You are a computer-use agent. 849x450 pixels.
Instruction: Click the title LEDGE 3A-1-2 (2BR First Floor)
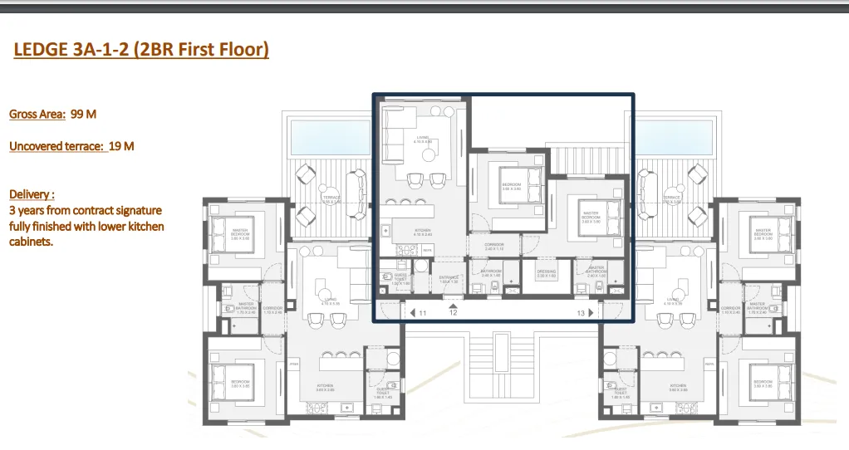[141, 51]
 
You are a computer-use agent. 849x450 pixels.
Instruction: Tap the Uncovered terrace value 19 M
[121, 146]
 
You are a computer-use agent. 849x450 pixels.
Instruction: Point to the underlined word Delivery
[32, 194]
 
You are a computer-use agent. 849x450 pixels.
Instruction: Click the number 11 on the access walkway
[423, 313]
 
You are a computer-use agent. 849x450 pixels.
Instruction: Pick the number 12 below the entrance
[453, 313]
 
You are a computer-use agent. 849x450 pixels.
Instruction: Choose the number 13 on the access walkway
[581, 313]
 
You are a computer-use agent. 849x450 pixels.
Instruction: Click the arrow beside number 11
[411, 313]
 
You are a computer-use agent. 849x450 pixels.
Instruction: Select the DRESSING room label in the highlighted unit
[546, 272]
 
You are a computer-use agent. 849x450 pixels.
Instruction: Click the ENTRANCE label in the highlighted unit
[449, 279]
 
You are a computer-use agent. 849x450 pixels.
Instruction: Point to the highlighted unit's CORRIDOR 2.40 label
[494, 247]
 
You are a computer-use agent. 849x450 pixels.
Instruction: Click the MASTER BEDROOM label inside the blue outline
[591, 216]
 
